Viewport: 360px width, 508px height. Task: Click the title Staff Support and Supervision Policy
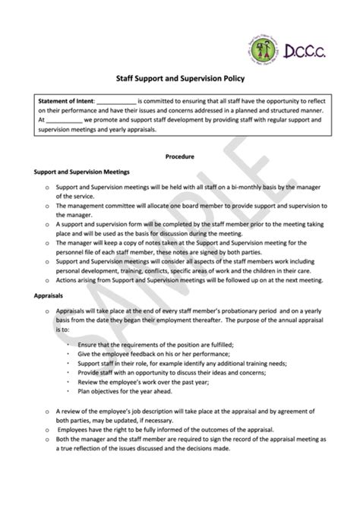coord(180,77)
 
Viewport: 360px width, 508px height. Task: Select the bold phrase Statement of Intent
coord(66,100)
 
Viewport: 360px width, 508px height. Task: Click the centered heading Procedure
coord(180,156)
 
